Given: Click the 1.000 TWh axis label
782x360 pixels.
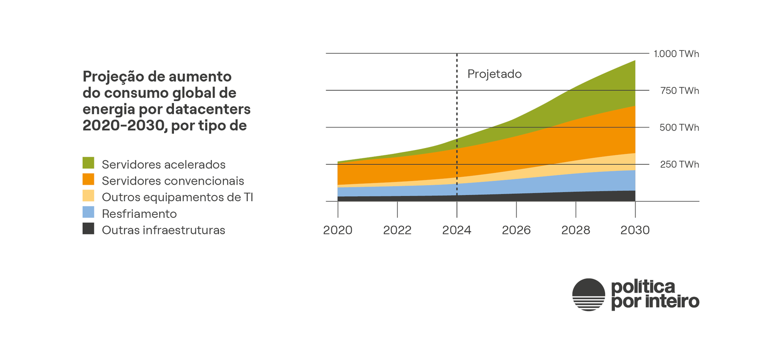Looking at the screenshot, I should coord(676,54).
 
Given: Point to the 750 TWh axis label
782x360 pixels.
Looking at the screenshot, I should coord(679,91).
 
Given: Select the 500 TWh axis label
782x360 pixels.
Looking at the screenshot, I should coord(679,127).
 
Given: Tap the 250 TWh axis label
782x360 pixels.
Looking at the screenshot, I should coord(679,165).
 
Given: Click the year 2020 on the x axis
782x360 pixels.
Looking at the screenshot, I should coord(338,230).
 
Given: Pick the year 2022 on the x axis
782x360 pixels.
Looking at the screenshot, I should coord(397,230).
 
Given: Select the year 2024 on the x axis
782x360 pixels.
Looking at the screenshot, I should coord(456,230).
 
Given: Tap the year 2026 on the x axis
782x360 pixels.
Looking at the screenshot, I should coord(516,230).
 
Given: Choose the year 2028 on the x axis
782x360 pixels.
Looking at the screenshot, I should coord(575,230).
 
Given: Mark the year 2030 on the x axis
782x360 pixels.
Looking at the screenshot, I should coord(635,230).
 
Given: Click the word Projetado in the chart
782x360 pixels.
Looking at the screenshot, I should coord(494,74).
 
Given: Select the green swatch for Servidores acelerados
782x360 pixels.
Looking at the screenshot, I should coord(88,163).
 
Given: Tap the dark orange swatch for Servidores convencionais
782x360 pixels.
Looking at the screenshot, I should coord(88,179).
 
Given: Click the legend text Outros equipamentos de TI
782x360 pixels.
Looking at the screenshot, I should coord(177,197).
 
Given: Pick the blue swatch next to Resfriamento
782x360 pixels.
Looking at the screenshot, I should coord(88,212).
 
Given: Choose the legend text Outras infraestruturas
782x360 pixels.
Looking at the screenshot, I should coord(163,230).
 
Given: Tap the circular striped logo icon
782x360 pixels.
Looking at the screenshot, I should coord(588,295).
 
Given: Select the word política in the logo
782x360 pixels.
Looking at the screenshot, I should coord(643,287).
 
